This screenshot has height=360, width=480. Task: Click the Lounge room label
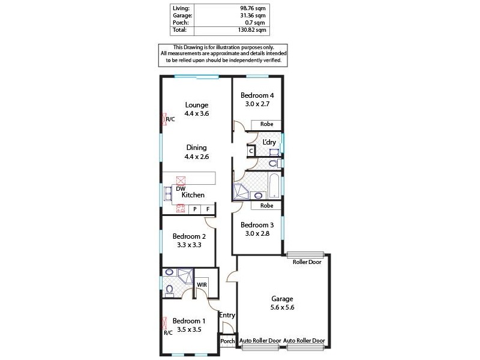(x=196, y=105)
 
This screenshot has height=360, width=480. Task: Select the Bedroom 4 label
(x=257, y=95)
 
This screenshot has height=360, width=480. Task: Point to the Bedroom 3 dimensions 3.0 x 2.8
(x=257, y=233)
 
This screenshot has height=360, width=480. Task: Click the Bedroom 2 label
(x=190, y=236)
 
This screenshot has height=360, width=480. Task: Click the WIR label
(x=202, y=286)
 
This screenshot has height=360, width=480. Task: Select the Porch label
(x=227, y=341)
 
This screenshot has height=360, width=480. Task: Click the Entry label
(x=227, y=316)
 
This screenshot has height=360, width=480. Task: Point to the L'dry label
(x=269, y=142)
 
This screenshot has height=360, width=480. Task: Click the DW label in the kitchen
(x=180, y=188)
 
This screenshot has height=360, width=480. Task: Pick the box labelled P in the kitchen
(x=195, y=209)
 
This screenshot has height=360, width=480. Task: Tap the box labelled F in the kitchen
(x=208, y=209)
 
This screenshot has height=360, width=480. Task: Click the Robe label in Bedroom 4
(x=267, y=124)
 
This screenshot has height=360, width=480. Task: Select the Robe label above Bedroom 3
(x=267, y=206)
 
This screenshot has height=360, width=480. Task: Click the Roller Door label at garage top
(x=306, y=262)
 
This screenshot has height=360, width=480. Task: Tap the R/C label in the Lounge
(x=170, y=119)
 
